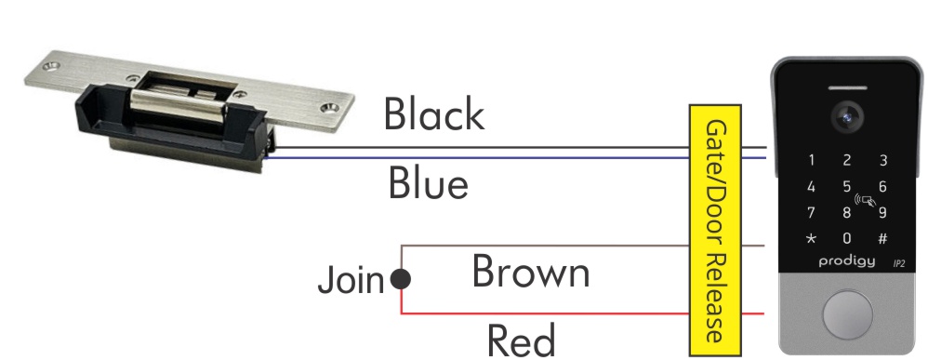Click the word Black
pyautogui.click(x=434, y=115)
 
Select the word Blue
pyautogui.click(x=428, y=184)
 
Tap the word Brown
pyautogui.click(x=530, y=273)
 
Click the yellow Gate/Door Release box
pyautogui.click(x=715, y=229)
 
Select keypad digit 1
pyautogui.click(x=812, y=161)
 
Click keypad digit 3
pyautogui.click(x=882, y=161)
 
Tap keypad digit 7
pyautogui.click(x=812, y=212)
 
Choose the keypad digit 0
pyautogui.click(x=847, y=238)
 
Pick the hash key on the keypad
pyautogui.click(x=882, y=238)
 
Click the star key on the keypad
pyautogui.click(x=812, y=238)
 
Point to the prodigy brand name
pyautogui.click(x=846, y=262)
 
